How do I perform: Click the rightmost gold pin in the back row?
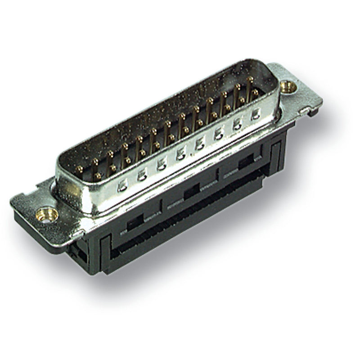coord(249,81)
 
